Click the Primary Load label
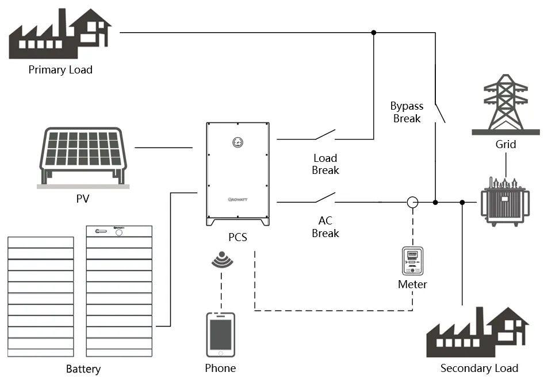60,69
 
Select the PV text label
83,199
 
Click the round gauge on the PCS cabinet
237,142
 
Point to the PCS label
237,237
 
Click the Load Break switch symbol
325,134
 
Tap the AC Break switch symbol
325,197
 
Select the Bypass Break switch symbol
440,113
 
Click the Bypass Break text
407,113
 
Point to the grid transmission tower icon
505,104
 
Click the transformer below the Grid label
505,201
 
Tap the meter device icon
412,261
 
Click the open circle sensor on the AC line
412,202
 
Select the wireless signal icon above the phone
222,259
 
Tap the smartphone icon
221,335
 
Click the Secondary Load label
479,368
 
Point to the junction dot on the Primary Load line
374,33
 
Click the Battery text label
83,369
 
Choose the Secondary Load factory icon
478,332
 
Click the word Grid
505,144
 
